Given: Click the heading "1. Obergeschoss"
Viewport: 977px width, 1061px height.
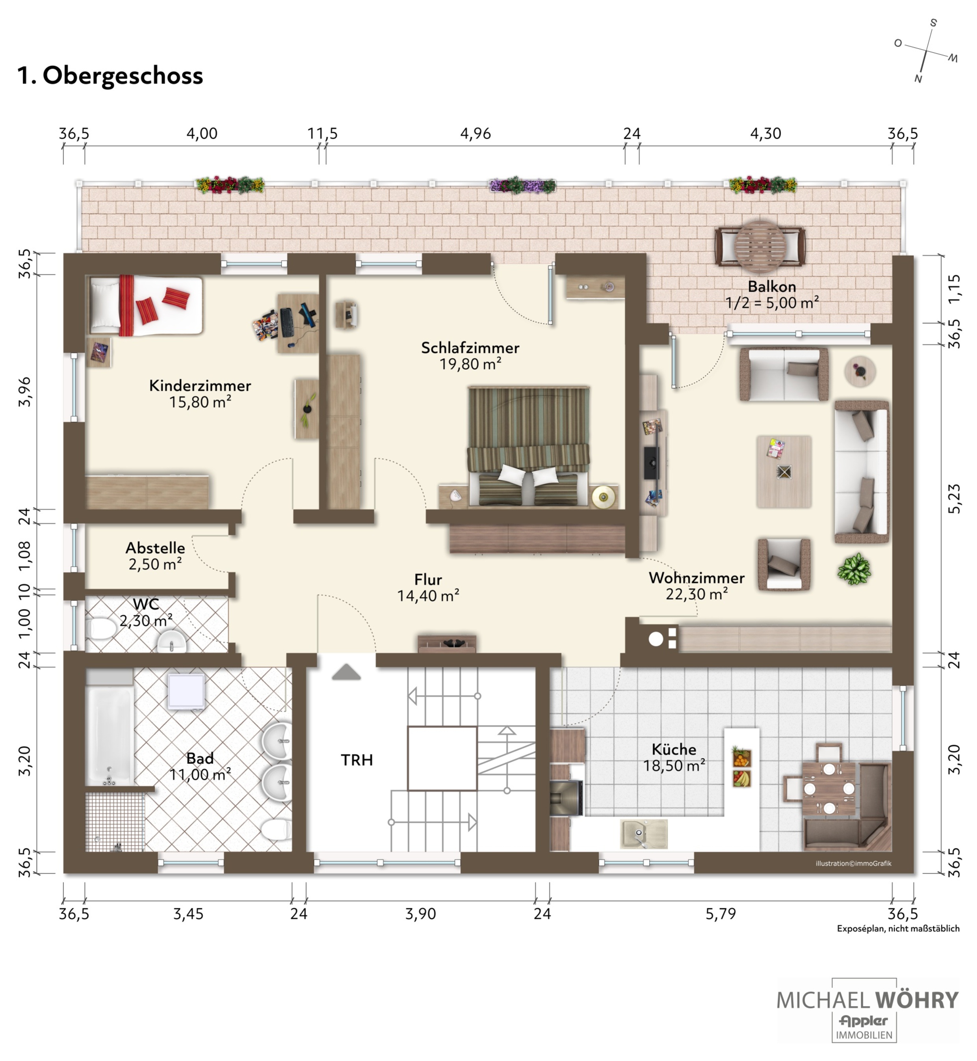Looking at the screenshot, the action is click(110, 76).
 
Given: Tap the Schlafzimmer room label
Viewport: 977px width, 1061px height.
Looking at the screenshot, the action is click(470, 348).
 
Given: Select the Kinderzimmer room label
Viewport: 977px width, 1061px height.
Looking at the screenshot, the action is click(200, 385).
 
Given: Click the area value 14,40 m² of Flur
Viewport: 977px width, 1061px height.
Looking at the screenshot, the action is click(428, 596).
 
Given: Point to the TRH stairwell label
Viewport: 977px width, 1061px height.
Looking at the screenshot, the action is click(357, 760).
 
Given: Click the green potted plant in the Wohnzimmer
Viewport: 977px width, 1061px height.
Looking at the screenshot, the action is click(854, 569).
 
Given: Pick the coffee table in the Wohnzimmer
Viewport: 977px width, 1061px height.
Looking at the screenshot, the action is click(784, 472).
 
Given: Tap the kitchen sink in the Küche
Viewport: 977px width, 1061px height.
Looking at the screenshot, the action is click(643, 834).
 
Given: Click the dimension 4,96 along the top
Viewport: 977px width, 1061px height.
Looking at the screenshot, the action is click(475, 133).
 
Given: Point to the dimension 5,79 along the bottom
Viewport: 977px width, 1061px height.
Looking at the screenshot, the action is click(721, 914).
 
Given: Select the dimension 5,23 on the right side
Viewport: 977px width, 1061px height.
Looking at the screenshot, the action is click(954, 499).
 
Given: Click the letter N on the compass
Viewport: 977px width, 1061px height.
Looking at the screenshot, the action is click(918, 79).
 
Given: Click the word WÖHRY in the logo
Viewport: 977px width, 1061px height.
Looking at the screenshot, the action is click(916, 1000).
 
